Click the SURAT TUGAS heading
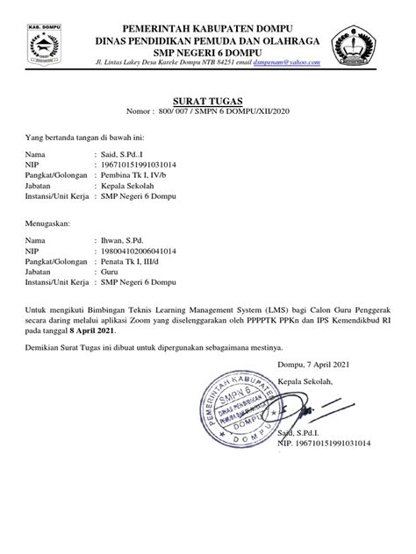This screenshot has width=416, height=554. pos(207,101)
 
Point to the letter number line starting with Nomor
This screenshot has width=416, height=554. pos(207,113)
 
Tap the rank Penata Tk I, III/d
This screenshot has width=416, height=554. pos(133,261)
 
